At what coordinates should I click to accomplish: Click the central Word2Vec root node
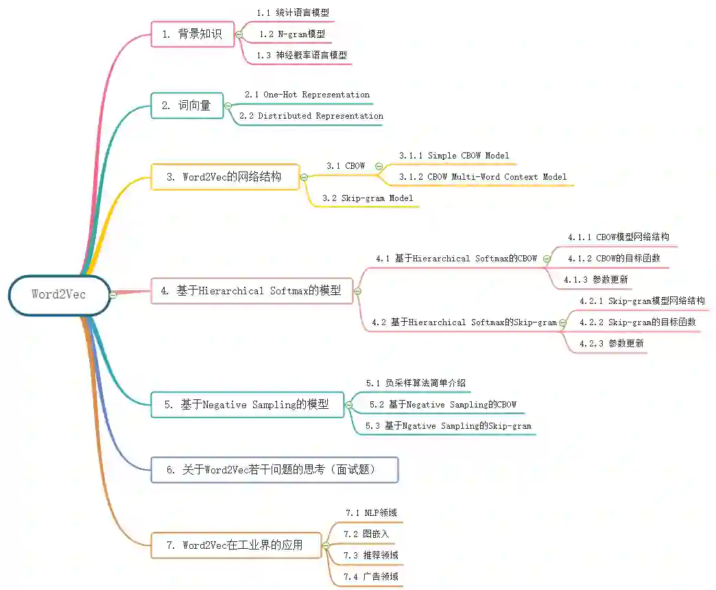coord(59,295)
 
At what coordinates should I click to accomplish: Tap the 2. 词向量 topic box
coord(187,106)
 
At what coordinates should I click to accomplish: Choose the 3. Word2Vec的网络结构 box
coord(225,176)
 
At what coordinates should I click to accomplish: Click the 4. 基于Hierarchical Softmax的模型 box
coord(252,291)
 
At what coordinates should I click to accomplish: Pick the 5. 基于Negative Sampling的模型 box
coord(248,405)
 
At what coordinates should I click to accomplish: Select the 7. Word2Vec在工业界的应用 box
coord(236,545)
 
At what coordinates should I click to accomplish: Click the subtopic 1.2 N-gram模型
coord(291,34)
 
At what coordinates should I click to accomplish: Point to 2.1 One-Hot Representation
coord(307,95)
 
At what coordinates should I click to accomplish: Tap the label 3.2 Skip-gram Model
coord(367,198)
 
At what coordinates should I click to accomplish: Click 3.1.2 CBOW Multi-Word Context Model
coord(483,177)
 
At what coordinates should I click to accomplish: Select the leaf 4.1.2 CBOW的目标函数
coord(614,259)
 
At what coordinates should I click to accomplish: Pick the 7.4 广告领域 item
coord(371,577)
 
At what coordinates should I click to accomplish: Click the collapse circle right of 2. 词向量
coord(228,106)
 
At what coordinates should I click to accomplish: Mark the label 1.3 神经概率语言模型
coord(302,55)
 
